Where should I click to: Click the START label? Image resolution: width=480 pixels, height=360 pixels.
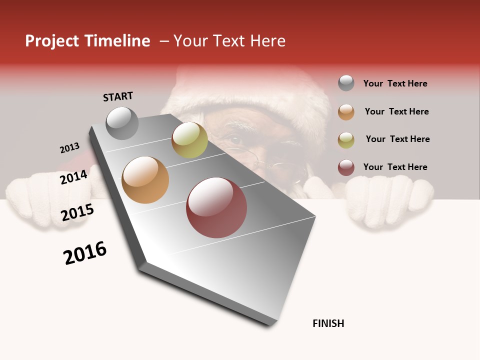[118, 96]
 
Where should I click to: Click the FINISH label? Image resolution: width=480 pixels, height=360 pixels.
[328, 323]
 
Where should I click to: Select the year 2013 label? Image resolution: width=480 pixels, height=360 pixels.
[69, 148]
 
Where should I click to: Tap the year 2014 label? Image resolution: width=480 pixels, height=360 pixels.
[73, 177]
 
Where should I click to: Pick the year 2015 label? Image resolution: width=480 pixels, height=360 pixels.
[77, 212]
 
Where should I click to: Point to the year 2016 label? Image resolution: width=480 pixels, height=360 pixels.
[85, 253]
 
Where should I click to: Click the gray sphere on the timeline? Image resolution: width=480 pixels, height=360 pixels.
[122, 123]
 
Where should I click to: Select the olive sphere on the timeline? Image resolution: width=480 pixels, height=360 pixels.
[189, 140]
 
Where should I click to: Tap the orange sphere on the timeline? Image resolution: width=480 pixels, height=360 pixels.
[145, 180]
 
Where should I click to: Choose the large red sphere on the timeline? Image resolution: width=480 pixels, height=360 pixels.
[216, 207]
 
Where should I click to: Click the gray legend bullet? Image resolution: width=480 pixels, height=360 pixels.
[346, 83]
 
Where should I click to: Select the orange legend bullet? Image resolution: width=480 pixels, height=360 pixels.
[346, 111]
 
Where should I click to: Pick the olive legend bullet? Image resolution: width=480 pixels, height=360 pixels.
[346, 139]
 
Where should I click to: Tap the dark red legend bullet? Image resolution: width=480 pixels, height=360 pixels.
[346, 167]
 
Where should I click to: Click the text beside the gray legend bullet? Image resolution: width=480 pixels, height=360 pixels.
[395, 83]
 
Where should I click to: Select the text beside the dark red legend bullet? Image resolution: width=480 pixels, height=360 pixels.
[395, 167]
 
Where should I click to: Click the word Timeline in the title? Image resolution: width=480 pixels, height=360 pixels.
[117, 41]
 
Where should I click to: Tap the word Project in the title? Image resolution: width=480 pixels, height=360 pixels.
[52, 41]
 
